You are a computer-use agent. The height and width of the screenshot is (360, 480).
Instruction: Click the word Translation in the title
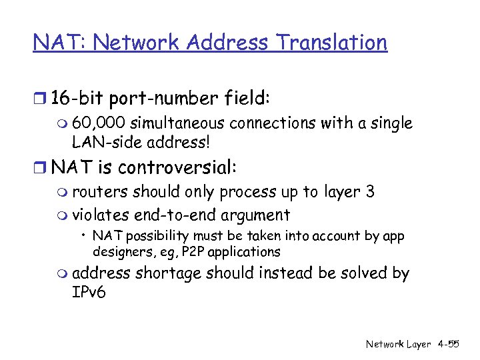tap(333, 43)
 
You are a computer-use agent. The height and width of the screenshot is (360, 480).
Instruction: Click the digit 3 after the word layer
tap(370, 192)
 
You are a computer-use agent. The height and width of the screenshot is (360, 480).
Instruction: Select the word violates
tap(101, 215)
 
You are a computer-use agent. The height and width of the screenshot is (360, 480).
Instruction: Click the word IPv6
tap(89, 292)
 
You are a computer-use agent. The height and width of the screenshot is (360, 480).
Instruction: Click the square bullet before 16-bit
tap(40, 100)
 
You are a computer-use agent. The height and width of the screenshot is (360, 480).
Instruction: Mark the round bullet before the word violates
tap(63, 216)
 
